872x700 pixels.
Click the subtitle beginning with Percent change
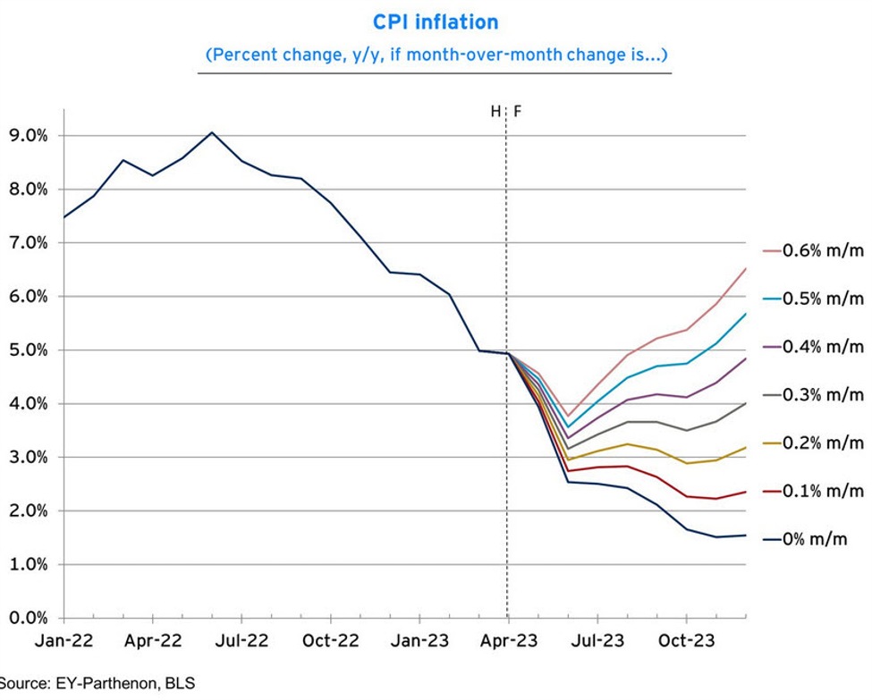pos(436,55)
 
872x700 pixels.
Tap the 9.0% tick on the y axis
pos(30,136)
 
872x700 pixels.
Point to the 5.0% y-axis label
pos(30,350)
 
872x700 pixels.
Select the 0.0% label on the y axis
pos(30,618)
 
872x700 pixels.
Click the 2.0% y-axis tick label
pos(30,511)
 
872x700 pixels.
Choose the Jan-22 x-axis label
pos(63,641)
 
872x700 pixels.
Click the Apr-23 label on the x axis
pos(508,641)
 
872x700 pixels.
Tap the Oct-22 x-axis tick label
pos(330,641)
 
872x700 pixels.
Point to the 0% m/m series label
pos(814,539)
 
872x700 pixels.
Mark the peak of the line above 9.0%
pos(212,132)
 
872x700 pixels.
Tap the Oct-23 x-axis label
pos(685,641)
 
